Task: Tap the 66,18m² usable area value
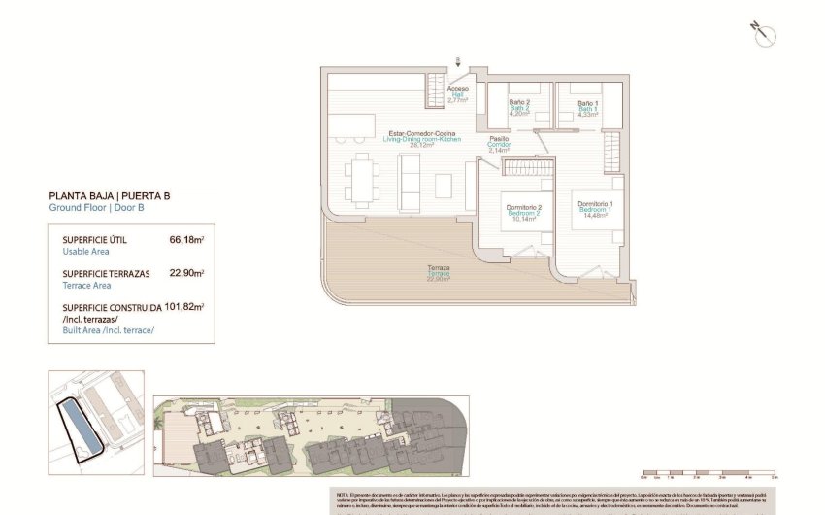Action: (x=186, y=239)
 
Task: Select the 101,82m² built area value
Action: (x=184, y=307)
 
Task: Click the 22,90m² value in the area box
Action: (x=186, y=274)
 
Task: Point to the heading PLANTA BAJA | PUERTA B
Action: (x=109, y=195)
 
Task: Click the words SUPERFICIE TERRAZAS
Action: (x=106, y=274)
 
